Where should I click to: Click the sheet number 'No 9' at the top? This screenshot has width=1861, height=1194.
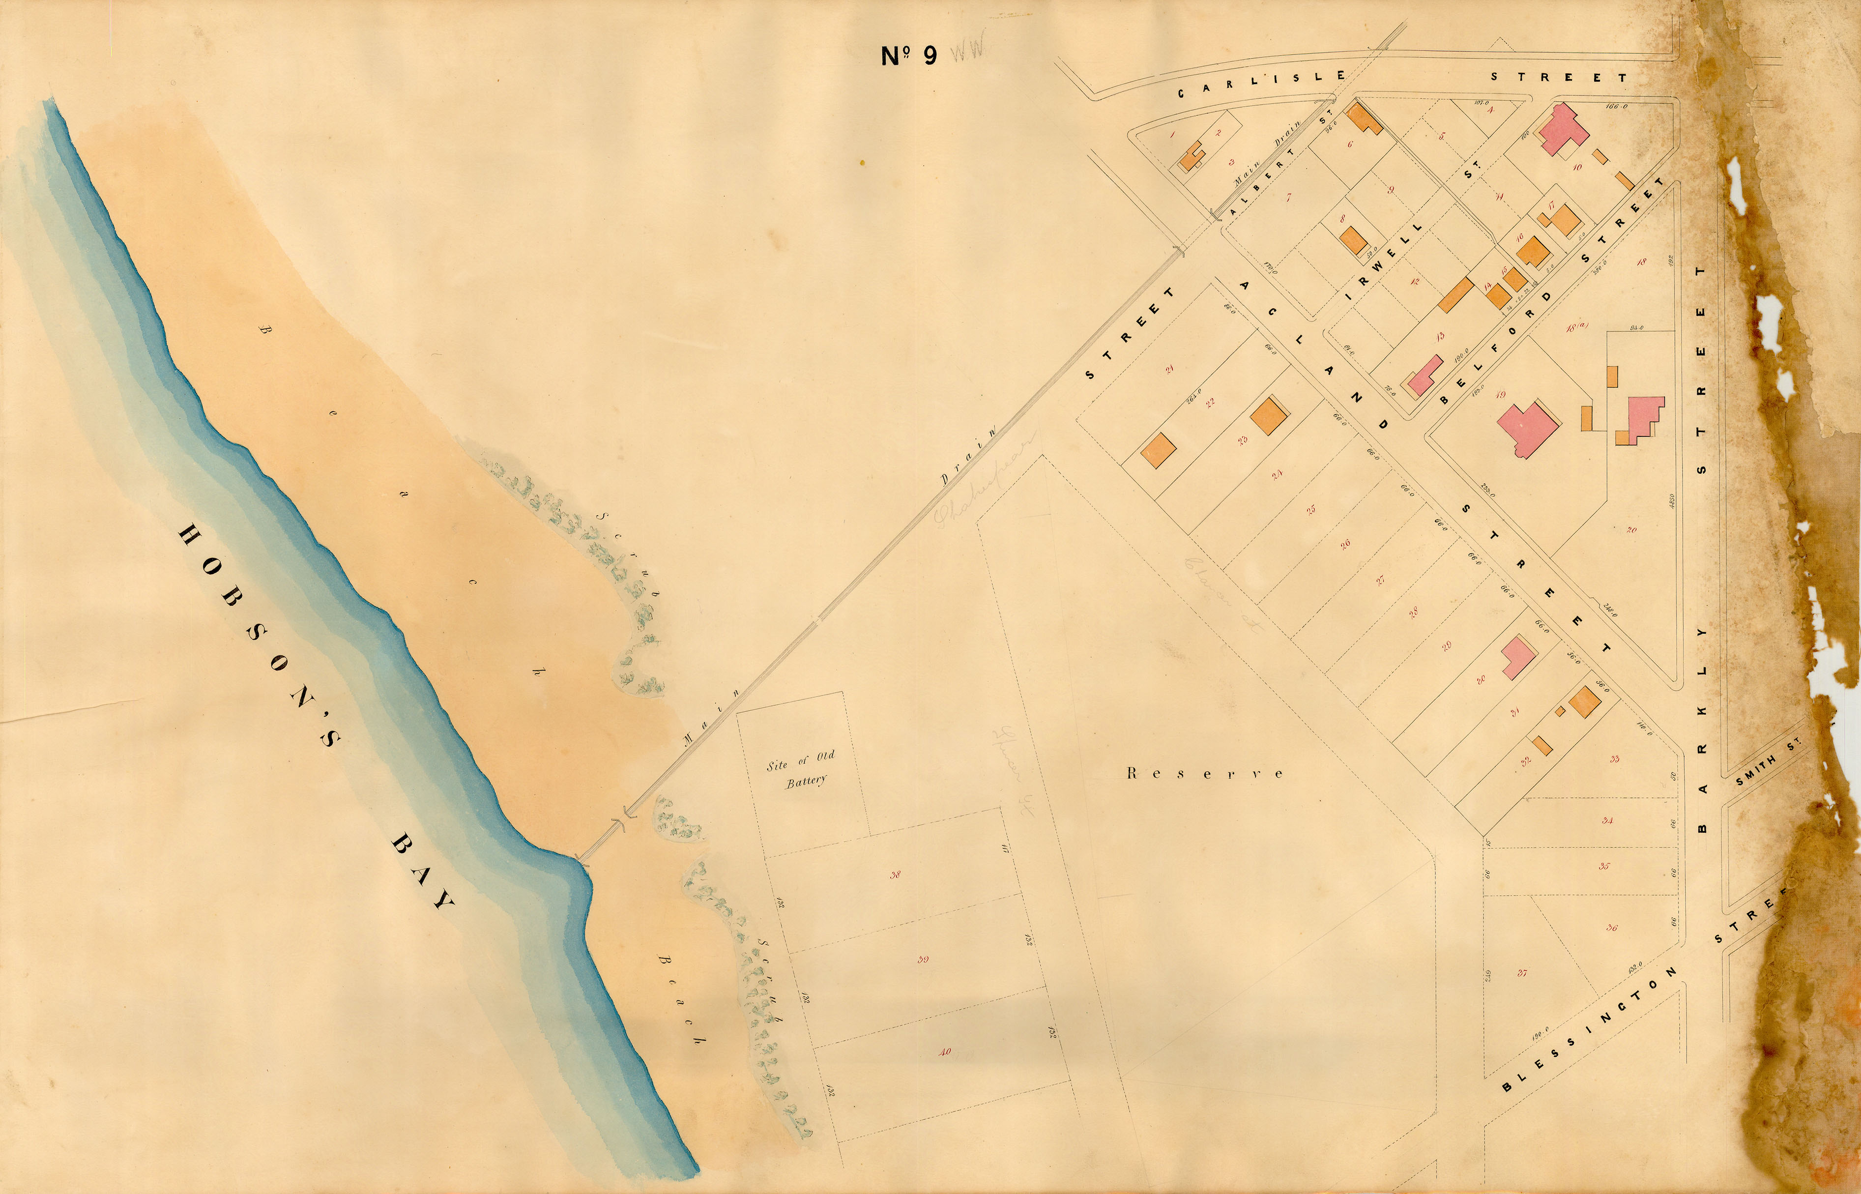click(909, 56)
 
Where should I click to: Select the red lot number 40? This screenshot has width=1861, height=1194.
click(944, 1052)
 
